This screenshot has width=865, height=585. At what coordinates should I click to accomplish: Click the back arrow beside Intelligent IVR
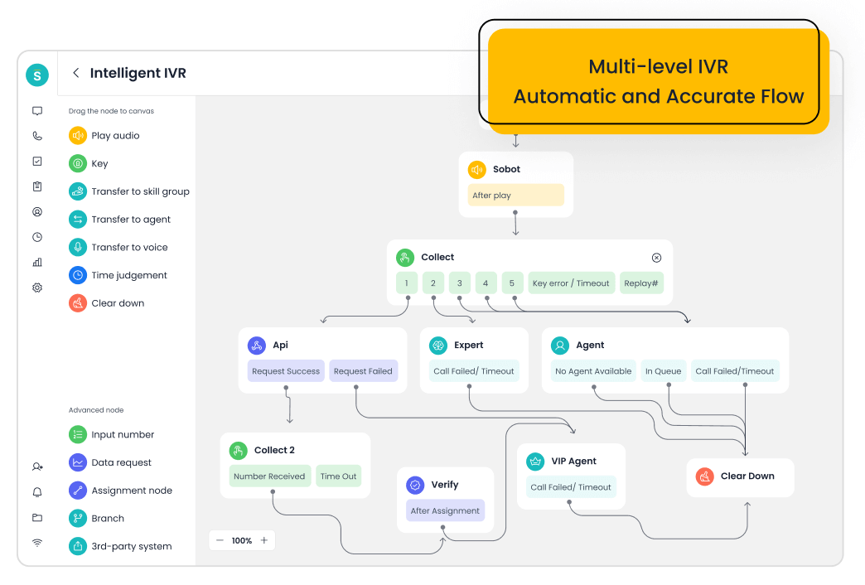pos(76,73)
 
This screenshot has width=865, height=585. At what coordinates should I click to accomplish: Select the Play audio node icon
pos(78,135)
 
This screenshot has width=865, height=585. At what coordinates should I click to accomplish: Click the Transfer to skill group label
pos(140,191)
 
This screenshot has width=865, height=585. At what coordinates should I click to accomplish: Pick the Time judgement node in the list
pos(128,275)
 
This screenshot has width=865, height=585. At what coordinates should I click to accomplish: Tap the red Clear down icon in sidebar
pos(78,303)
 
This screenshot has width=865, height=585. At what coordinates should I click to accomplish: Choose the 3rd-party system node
pos(131,546)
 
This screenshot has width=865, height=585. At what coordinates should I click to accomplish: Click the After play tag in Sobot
pos(515,196)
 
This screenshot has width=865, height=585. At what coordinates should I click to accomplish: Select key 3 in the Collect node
pos(459,283)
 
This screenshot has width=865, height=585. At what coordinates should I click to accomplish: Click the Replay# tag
pos(640,283)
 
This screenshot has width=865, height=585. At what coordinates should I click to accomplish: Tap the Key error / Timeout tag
pos(571,283)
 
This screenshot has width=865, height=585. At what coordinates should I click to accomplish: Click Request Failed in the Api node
pos(363,371)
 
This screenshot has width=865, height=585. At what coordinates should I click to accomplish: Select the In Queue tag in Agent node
pos(663,371)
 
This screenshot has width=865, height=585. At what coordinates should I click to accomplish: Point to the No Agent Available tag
pos(593,371)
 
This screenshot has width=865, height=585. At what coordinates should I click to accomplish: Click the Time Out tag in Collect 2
pos(338,476)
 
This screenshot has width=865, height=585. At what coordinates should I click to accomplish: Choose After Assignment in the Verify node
pos(445,511)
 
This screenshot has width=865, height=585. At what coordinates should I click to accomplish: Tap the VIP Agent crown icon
pos(535,461)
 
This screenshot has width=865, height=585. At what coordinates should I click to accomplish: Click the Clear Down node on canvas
pos(739,476)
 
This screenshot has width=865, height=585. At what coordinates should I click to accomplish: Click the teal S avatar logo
pos(37,75)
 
